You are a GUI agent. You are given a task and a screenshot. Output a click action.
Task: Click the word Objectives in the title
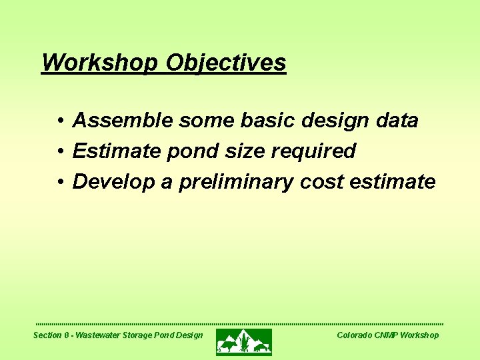226,63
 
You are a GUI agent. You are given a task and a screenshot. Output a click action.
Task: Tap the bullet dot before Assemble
60,121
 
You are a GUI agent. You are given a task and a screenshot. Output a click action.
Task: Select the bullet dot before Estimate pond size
60,151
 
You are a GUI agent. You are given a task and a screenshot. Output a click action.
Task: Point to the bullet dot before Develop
60,182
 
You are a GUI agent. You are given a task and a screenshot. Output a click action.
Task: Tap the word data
396,121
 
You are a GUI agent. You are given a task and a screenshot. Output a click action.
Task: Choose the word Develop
114,182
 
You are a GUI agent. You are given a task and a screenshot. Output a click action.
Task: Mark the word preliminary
235,182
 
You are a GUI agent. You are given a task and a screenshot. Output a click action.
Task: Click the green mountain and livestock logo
244,342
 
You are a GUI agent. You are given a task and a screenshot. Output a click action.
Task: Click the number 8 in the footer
67,335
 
